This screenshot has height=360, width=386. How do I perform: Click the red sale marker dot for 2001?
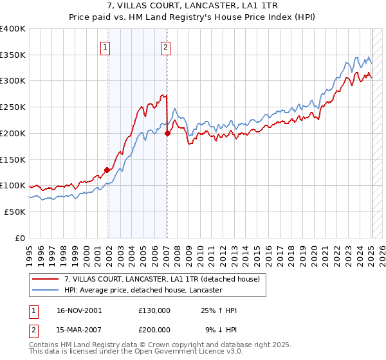coord(107,170)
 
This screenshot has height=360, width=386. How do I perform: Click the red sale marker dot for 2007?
coord(167,133)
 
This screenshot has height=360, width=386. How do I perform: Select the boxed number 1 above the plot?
coord(105,46)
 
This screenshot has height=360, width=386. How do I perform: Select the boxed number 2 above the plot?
coord(165,46)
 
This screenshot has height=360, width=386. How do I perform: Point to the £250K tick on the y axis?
coord(14,107)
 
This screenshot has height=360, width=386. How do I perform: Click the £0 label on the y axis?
coord(20,238)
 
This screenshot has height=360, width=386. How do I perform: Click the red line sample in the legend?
coord(46,279)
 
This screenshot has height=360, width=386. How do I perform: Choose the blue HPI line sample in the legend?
coord(46,291)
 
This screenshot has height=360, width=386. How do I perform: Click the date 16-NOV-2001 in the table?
coord(75,310)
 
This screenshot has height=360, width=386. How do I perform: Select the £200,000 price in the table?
coord(154,329)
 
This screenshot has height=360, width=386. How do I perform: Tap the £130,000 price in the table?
coord(154,310)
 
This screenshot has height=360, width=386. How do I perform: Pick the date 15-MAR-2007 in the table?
coord(75,329)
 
